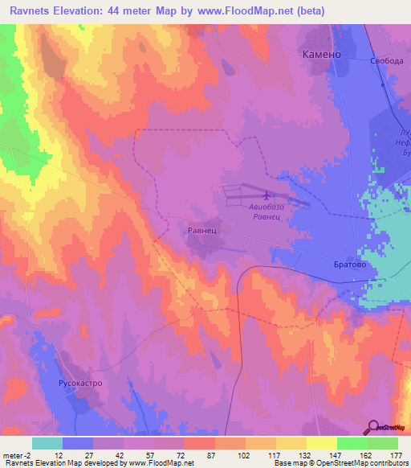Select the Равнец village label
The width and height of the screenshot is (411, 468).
pos(201,229)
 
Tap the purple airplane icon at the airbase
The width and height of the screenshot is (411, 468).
pos(266,194)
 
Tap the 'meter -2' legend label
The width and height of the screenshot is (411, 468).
pos(17,454)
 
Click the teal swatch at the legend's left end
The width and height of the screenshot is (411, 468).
pos(47,443)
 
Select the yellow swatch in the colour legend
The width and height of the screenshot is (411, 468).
pos(322,443)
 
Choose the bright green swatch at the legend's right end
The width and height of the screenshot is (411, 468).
pos(383,443)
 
